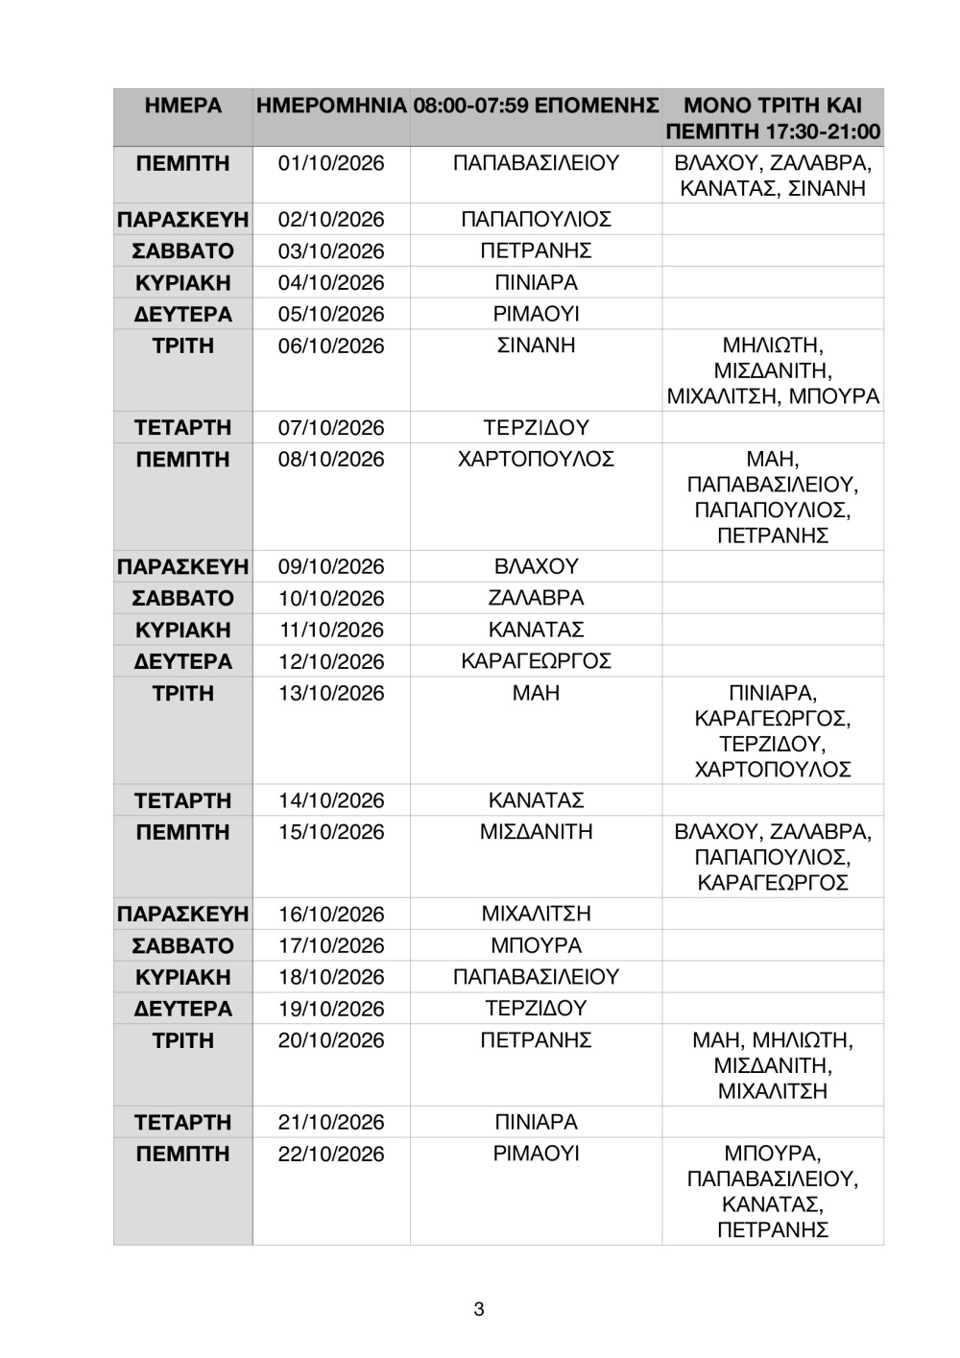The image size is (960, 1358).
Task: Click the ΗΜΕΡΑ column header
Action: tap(182, 106)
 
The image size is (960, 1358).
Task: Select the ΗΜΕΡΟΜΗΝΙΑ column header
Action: tap(331, 106)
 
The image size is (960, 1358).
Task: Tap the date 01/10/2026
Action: tap(331, 163)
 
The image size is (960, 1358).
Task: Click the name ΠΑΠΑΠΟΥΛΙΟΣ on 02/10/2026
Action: tap(536, 220)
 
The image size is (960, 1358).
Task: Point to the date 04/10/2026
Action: tap(331, 283)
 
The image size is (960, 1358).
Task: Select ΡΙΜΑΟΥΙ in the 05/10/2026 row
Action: tap(536, 315)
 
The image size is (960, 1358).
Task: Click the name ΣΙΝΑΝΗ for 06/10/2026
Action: tap(536, 345)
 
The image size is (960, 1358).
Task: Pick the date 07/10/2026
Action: tap(331, 428)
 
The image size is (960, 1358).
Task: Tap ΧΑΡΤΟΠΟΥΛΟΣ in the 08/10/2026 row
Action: tap(536, 460)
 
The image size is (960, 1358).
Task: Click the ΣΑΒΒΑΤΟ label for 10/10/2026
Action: tap(182, 599)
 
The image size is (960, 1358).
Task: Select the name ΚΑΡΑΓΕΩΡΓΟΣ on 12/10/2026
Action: tap(536, 661)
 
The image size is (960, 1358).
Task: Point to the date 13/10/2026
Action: tap(331, 694)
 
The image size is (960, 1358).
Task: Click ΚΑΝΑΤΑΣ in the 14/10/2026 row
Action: tap(536, 800)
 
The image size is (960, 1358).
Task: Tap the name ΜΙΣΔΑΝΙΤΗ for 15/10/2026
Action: tap(536, 832)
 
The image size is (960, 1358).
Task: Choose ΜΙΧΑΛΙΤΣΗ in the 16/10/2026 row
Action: tap(536, 915)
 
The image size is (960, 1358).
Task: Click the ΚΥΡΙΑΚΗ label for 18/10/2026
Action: tap(182, 977)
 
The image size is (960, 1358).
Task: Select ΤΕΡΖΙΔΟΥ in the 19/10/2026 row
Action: tap(536, 1009)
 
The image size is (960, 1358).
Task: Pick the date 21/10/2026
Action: tap(331, 1123)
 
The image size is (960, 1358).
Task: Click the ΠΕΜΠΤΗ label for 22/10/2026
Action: tap(182, 1155)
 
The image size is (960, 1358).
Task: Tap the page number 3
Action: tap(479, 1309)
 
